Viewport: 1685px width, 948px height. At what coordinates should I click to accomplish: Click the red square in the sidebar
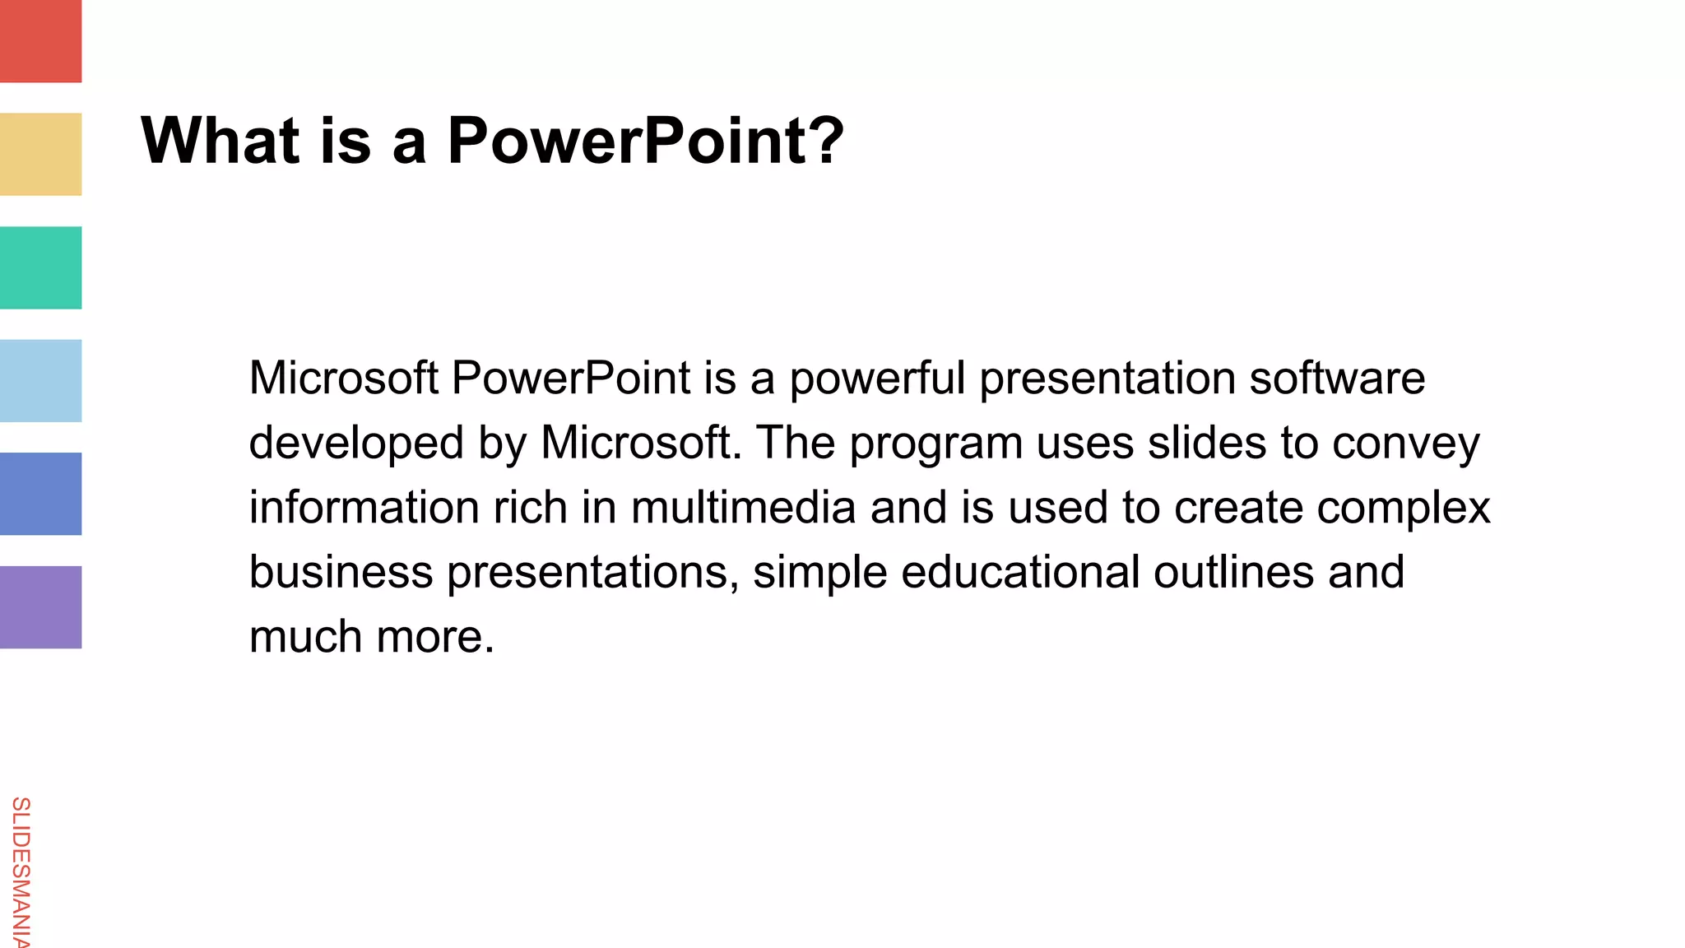tap(40, 41)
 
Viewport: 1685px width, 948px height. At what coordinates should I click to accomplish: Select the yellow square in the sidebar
tap(40, 154)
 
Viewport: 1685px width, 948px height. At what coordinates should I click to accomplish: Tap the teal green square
tap(40, 267)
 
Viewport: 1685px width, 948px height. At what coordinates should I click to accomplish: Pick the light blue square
tap(40, 380)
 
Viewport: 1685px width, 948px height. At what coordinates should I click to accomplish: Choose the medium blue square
tap(40, 494)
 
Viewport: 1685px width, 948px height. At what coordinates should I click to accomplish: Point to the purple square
tap(40, 606)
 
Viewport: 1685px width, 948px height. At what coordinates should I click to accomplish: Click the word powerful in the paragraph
tap(877, 379)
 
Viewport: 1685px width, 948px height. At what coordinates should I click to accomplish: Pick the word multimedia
tap(743, 508)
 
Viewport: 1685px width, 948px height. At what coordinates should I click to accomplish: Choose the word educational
tap(1020, 572)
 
